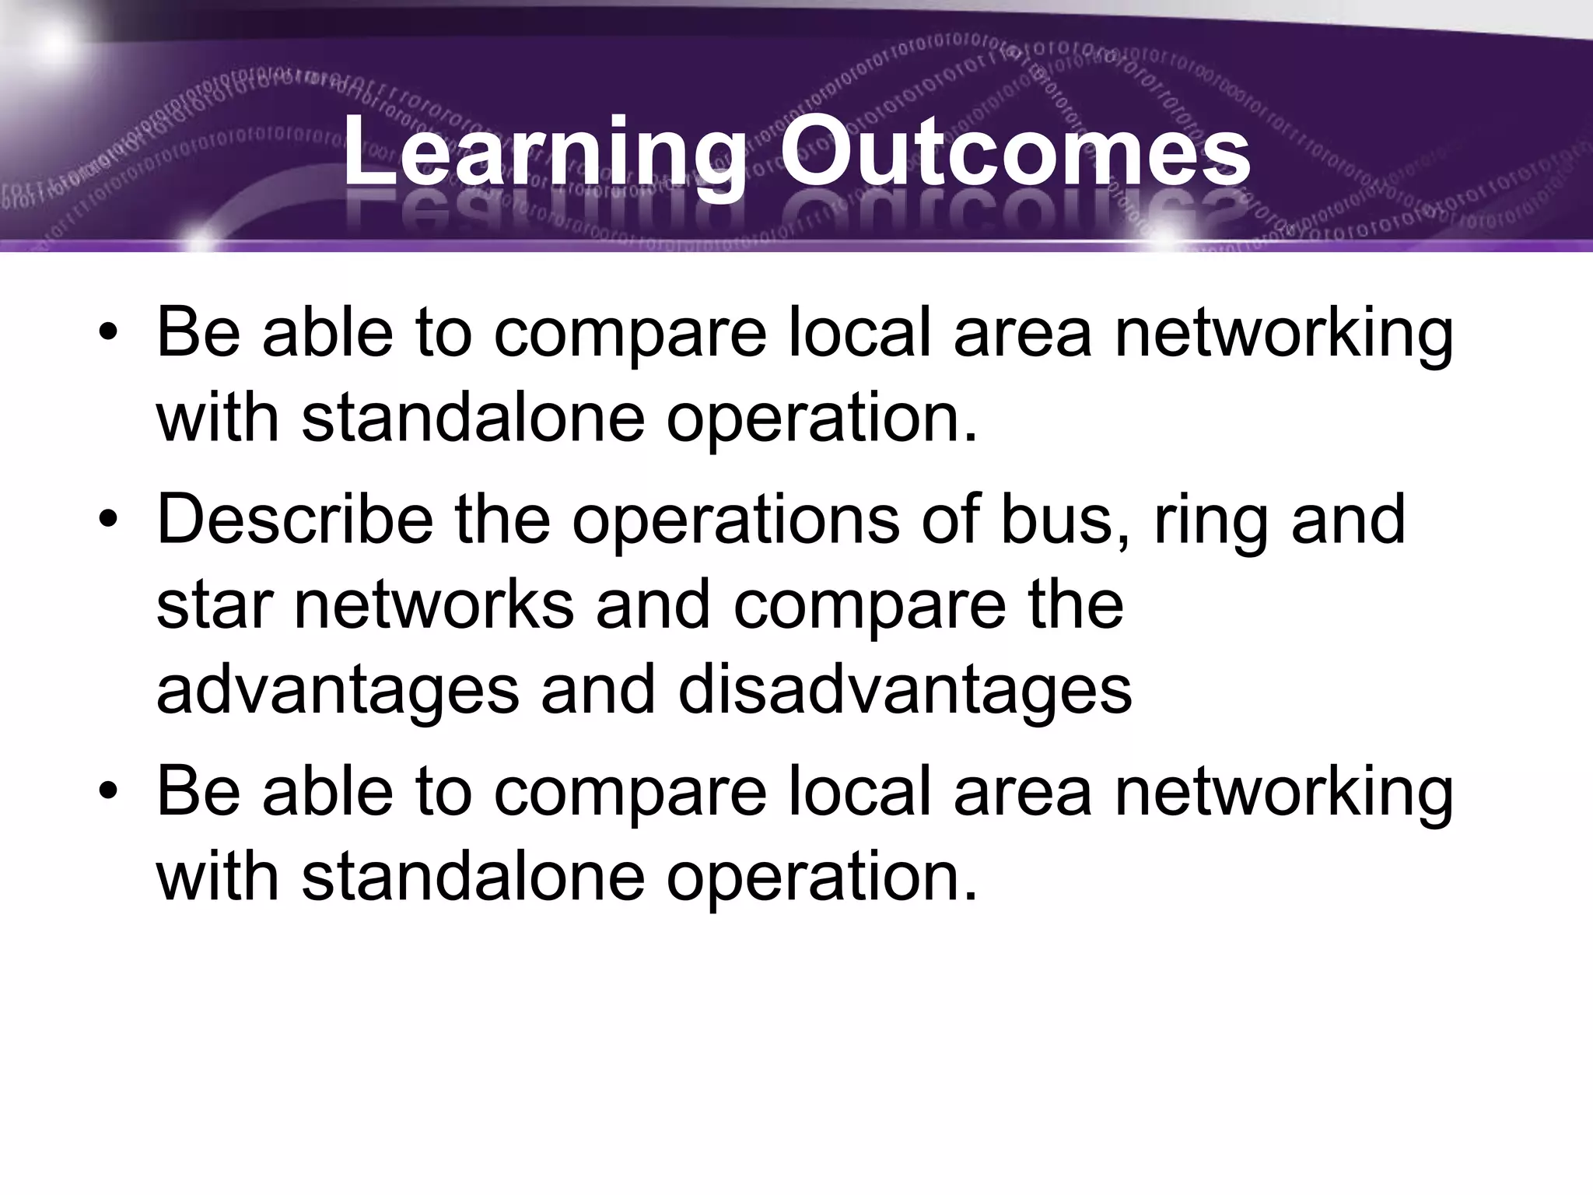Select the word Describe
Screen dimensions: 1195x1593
[x=295, y=519]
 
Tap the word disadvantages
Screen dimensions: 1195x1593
[x=905, y=689]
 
